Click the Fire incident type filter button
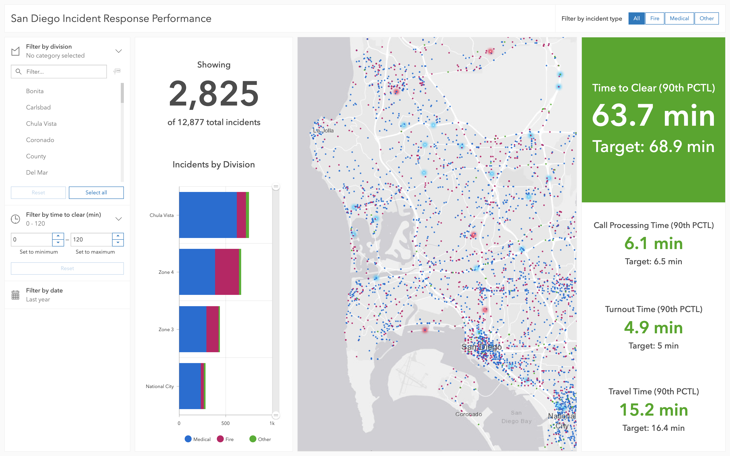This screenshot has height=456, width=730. click(654, 18)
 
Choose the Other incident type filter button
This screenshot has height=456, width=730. click(707, 18)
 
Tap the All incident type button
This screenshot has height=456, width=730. click(637, 18)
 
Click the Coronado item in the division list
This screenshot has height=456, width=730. click(40, 140)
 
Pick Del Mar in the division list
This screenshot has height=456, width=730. click(37, 172)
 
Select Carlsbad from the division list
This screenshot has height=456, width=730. click(38, 107)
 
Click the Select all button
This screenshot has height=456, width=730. click(96, 192)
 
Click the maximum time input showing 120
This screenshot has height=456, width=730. click(91, 240)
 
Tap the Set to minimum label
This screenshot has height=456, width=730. click(39, 252)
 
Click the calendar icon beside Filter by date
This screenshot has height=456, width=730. click(15, 295)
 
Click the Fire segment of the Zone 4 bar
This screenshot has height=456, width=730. click(227, 272)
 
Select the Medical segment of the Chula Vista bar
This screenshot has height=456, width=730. click(208, 215)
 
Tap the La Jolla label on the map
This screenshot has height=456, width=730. click(323, 131)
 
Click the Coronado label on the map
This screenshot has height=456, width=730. click(468, 414)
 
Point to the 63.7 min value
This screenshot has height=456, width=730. click(653, 116)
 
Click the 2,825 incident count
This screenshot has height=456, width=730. click(214, 94)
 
